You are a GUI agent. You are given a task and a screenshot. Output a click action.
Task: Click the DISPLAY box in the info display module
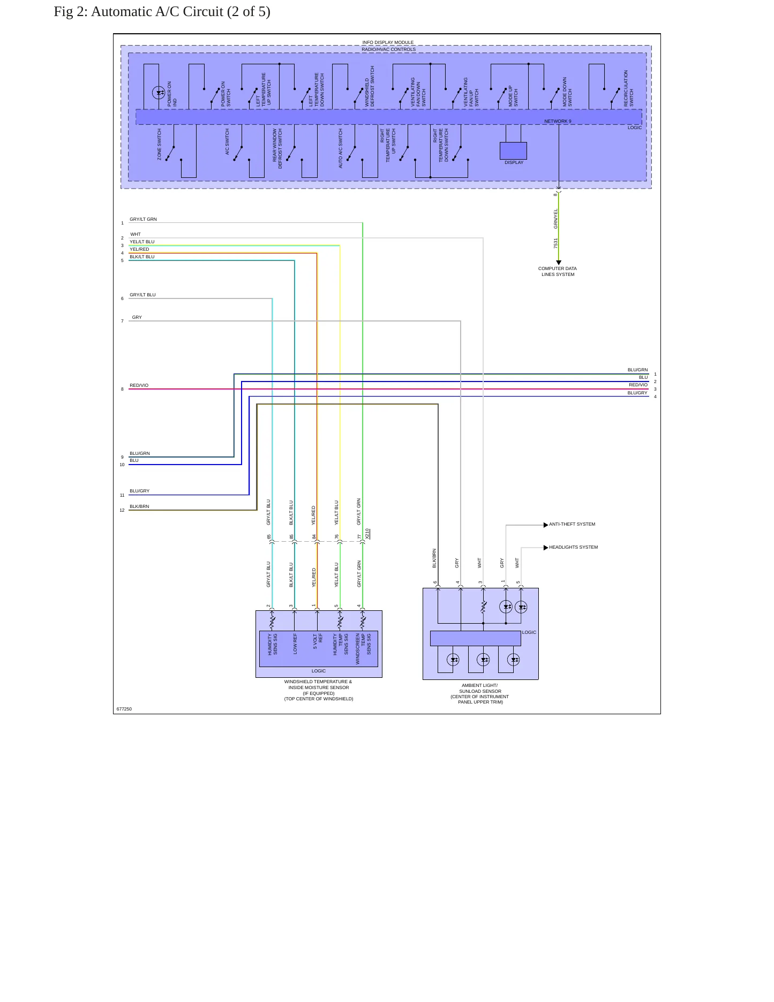click(x=513, y=151)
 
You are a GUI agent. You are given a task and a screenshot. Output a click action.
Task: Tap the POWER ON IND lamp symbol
click(x=159, y=93)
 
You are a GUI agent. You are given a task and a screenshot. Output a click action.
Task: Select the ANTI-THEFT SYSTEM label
click(x=572, y=524)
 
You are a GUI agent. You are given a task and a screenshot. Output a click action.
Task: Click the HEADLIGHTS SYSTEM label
click(x=573, y=547)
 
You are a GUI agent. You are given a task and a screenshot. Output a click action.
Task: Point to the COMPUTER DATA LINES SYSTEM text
click(x=558, y=272)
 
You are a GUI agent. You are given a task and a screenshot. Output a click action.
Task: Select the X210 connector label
click(x=367, y=534)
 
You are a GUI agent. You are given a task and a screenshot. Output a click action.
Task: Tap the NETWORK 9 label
click(x=558, y=121)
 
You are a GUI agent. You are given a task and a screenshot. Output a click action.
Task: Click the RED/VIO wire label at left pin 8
click(x=139, y=385)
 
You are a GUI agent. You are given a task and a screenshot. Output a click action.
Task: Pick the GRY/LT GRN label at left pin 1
click(x=143, y=219)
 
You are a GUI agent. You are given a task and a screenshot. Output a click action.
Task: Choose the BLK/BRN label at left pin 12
click(x=139, y=506)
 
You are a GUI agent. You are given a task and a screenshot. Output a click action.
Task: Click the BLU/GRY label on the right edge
click(x=637, y=393)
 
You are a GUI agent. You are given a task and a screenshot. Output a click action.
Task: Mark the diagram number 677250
click(x=124, y=709)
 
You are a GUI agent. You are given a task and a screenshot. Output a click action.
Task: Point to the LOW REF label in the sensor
click(x=295, y=644)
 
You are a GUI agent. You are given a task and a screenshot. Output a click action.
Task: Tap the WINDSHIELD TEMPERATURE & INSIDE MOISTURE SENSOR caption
click(x=319, y=690)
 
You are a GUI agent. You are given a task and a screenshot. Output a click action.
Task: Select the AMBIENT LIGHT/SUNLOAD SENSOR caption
click(x=480, y=693)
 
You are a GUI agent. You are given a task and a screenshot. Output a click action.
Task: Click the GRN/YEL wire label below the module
click(x=556, y=219)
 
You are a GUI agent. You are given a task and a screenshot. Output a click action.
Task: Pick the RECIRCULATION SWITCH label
click(x=628, y=88)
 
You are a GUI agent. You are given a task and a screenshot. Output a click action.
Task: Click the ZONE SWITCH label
click(x=159, y=144)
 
